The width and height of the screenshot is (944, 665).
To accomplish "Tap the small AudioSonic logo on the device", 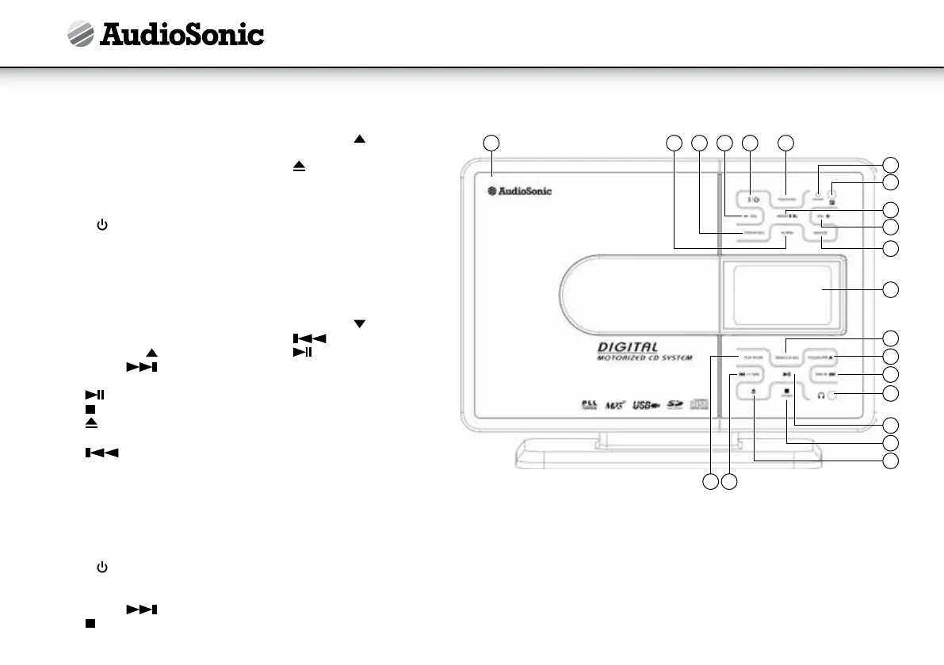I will pos(519,191).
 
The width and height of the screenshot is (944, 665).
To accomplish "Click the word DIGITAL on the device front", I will pos(629,346).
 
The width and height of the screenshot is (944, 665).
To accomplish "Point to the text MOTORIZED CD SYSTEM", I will pos(644,358).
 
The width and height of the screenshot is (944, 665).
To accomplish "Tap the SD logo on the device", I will pos(675,405).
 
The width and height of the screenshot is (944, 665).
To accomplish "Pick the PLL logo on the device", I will pos(588,406).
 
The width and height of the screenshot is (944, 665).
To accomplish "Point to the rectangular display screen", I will pos(782,290).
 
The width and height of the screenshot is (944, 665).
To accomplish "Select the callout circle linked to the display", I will pos(892,289).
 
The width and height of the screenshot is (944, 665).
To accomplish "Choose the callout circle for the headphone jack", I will pos(892,393).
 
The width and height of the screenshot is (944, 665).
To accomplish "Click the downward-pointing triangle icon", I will pos(360,323).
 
